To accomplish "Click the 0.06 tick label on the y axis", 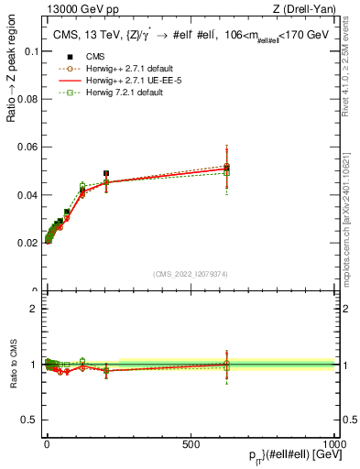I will pos(27,147).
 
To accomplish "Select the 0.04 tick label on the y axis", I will pos(27,195).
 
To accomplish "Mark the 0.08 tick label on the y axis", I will pos(27,100).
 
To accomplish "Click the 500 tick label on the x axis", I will pos(191,444).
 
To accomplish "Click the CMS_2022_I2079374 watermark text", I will pos(191,272).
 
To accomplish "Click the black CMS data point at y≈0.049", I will pos(106,173).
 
